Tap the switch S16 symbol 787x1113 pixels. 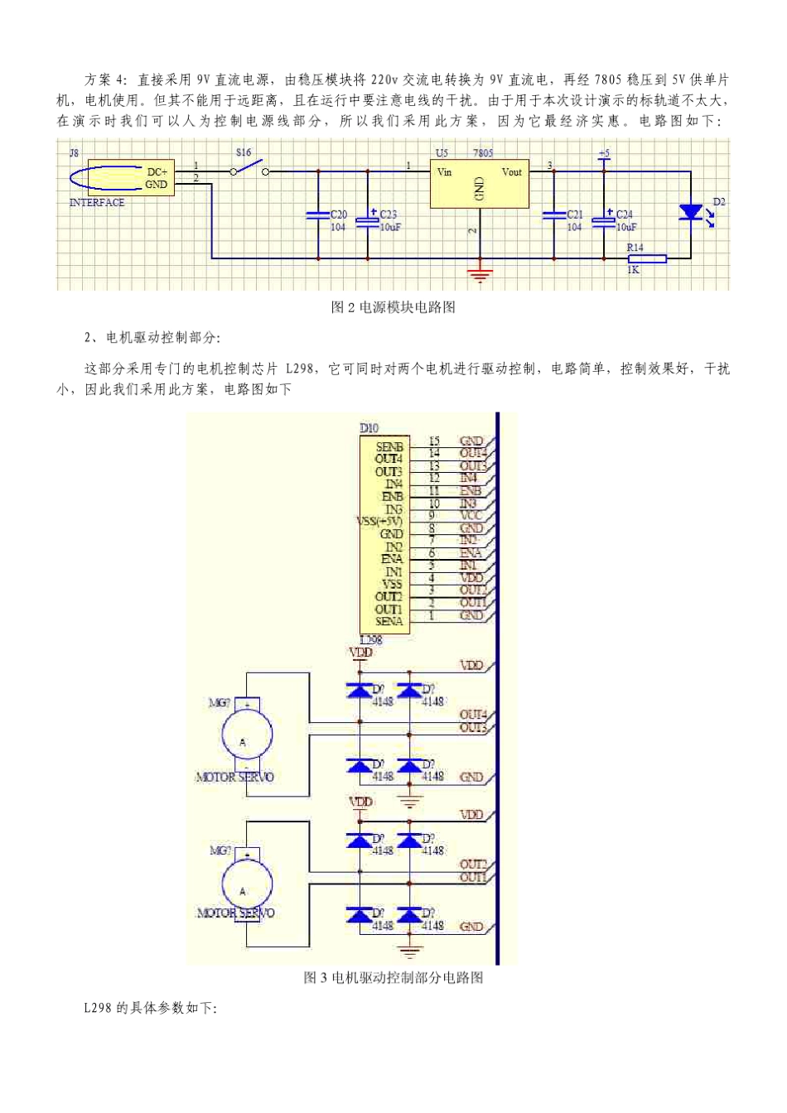tap(249, 169)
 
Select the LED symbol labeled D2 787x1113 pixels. tap(690, 212)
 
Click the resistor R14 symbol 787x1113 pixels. tap(646, 258)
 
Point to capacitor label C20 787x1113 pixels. tap(338, 214)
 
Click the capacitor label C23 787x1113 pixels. tap(388, 214)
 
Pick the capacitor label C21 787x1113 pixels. tap(574, 214)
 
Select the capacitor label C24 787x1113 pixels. tap(625, 214)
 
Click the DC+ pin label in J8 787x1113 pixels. tap(157, 172)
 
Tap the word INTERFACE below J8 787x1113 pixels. tap(97, 203)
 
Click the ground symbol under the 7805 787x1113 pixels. tap(480, 274)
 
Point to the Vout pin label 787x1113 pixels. tap(511, 172)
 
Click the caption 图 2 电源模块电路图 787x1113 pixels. tap(393, 307)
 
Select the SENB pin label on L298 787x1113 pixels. tap(389, 447)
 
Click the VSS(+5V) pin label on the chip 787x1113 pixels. tap(379, 521)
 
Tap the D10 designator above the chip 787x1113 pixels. tap(369, 428)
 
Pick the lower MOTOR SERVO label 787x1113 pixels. tap(235, 913)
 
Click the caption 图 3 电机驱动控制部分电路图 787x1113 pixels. tap(393, 977)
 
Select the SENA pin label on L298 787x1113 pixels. tap(389, 621)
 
